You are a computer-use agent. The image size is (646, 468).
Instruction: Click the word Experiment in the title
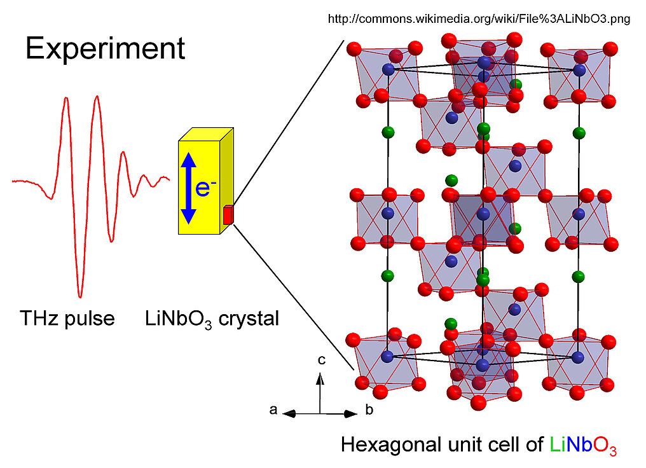pyautogui.click(x=105, y=49)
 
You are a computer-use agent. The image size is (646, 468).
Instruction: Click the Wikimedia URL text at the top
pyautogui.click(x=479, y=19)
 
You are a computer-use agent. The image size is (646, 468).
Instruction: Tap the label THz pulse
pyautogui.click(x=67, y=317)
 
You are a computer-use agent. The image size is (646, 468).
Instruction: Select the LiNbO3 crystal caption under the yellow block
pyautogui.click(x=212, y=318)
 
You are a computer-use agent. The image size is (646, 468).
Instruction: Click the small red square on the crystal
pyautogui.click(x=228, y=215)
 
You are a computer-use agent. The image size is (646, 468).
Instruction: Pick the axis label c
pyautogui.click(x=322, y=361)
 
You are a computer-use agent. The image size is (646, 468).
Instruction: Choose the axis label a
pyautogui.click(x=273, y=410)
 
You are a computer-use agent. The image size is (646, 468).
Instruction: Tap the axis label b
pyautogui.click(x=369, y=410)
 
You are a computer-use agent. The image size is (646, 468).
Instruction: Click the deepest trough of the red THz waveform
pyautogui.click(x=79, y=295)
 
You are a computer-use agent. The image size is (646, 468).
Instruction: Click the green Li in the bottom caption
pyautogui.click(x=556, y=444)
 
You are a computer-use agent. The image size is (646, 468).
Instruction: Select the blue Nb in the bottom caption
pyautogui.click(x=579, y=444)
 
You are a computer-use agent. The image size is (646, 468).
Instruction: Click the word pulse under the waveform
pyautogui.click(x=93, y=317)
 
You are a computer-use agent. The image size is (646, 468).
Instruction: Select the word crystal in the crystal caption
pyautogui.click(x=249, y=318)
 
